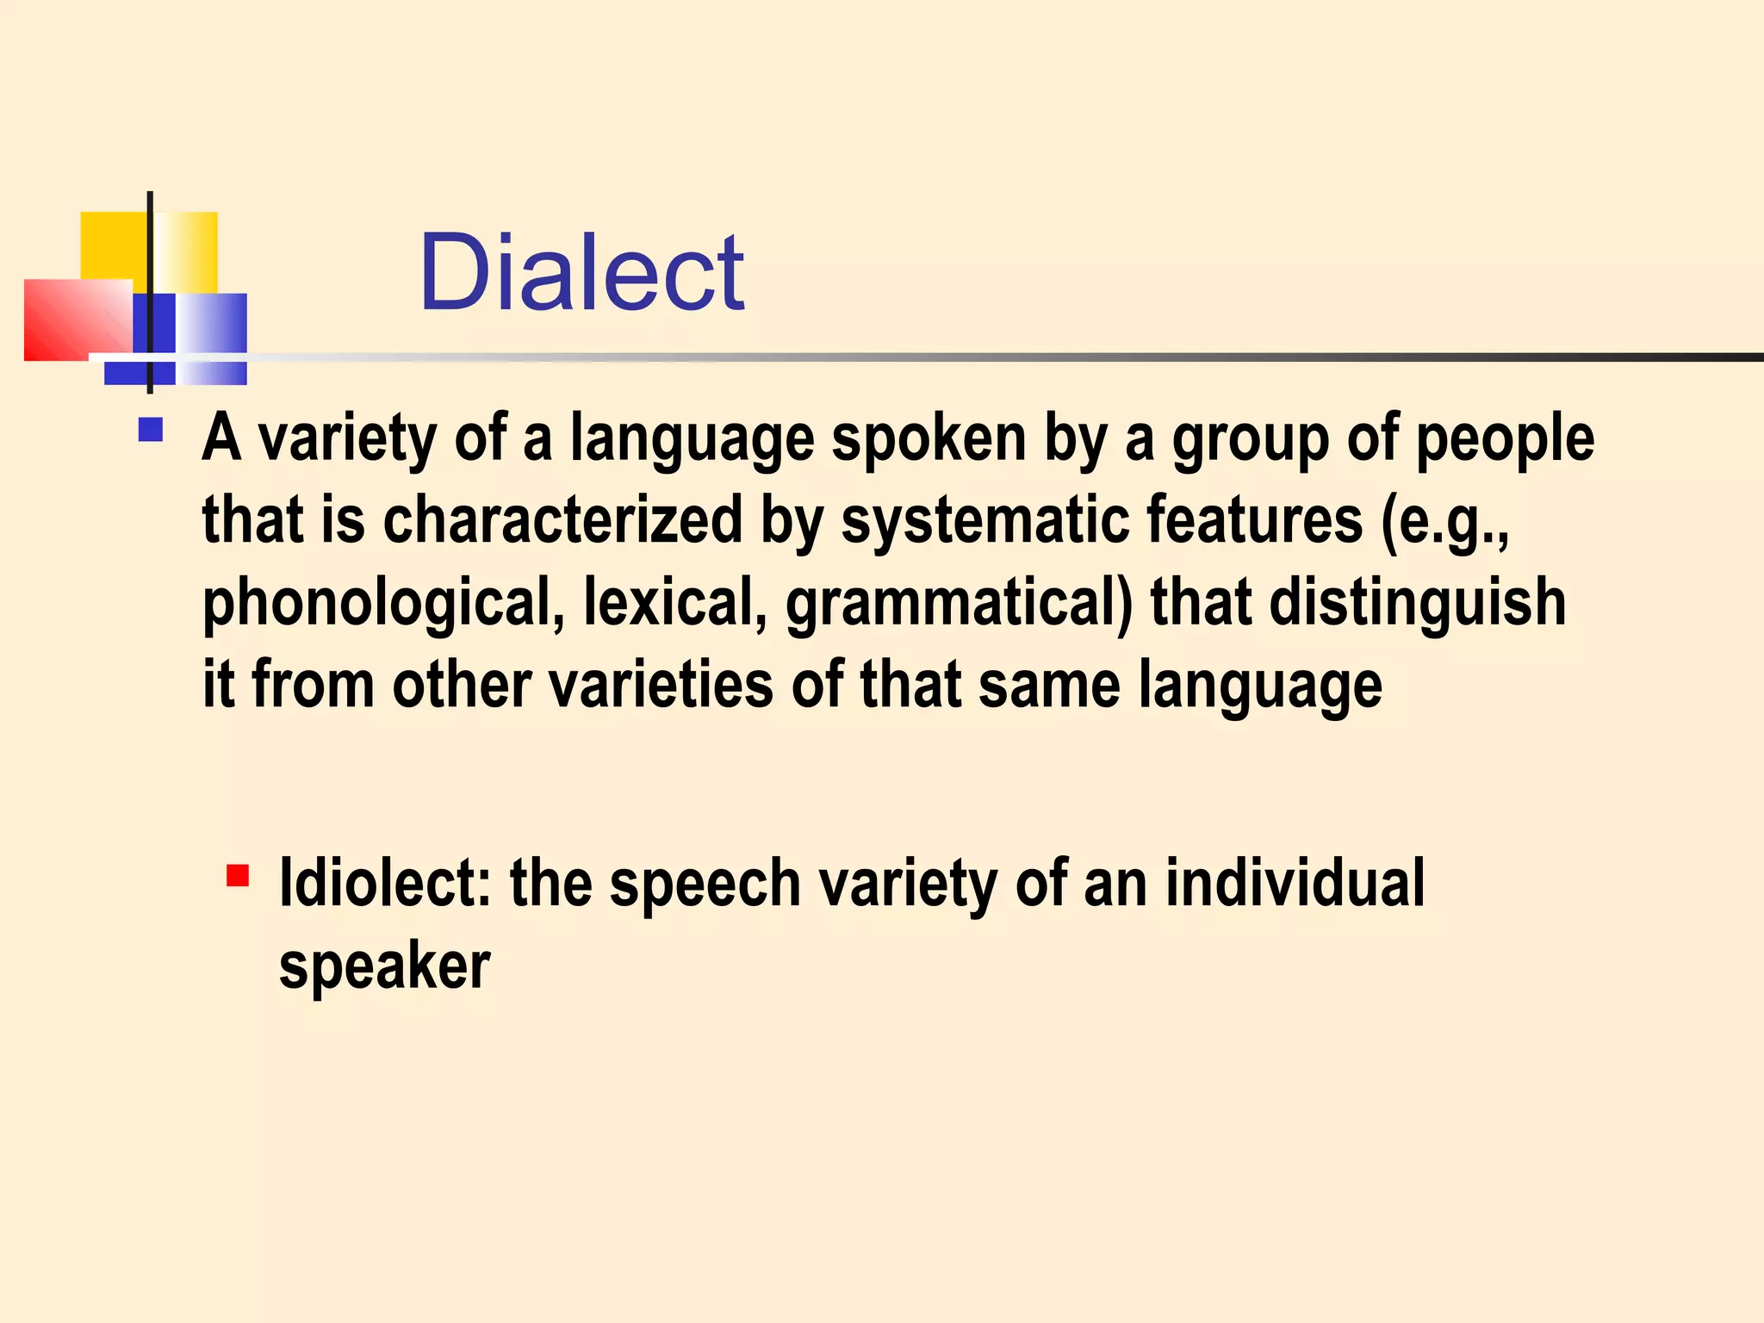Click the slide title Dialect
pyautogui.click(x=581, y=273)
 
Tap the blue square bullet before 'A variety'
pyautogui.click(x=150, y=430)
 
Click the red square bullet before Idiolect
pyautogui.click(x=238, y=876)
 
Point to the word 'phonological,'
pyautogui.click(x=382, y=603)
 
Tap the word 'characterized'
pyautogui.click(x=562, y=520)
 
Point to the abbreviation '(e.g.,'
pyautogui.click(x=1445, y=522)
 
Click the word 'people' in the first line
pyautogui.click(x=1505, y=439)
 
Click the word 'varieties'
pyautogui.click(x=661, y=685)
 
